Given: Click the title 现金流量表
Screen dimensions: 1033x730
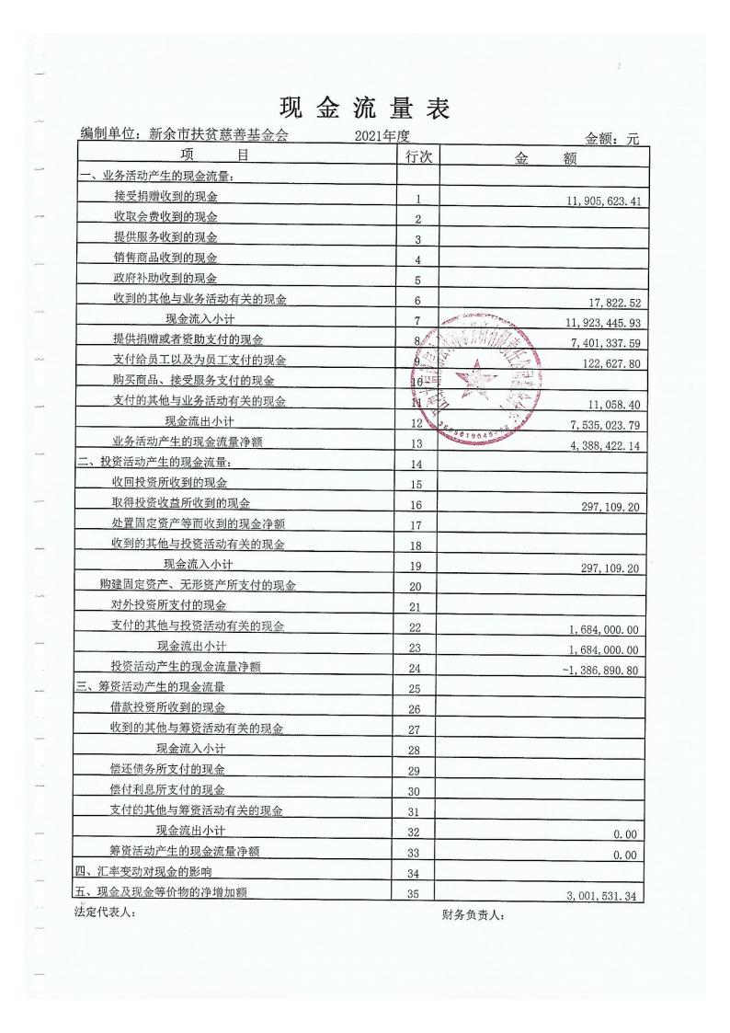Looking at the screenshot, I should pyautogui.click(x=365, y=109).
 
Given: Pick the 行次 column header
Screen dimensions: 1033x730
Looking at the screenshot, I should pyautogui.click(x=418, y=157).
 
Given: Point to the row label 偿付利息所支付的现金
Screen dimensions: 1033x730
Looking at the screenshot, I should pyautogui.click(x=167, y=789).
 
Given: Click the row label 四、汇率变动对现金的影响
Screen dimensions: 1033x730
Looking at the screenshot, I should pyautogui.click(x=143, y=871).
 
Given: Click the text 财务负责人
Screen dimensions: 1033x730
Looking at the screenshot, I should pyautogui.click(x=473, y=914).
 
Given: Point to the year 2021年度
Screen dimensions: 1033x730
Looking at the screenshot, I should pyautogui.click(x=382, y=136).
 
